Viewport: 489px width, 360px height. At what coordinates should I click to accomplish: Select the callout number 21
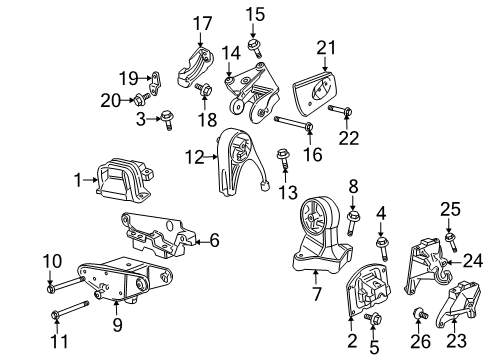pyautogui.click(x=323, y=47)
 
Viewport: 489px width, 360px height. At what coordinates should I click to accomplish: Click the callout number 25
pyautogui.click(x=451, y=208)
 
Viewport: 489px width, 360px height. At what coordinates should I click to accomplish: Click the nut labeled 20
pyautogui.click(x=142, y=99)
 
